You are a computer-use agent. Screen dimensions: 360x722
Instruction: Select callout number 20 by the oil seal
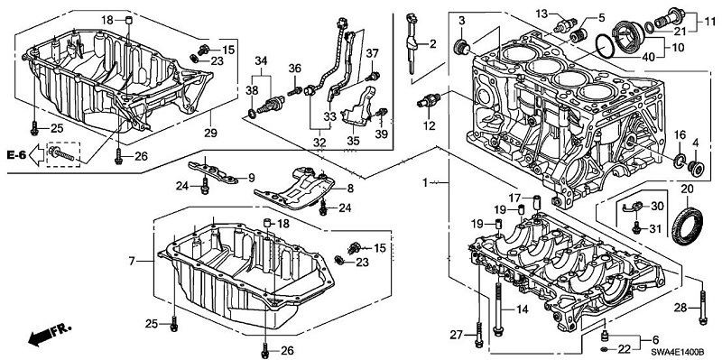[686, 189]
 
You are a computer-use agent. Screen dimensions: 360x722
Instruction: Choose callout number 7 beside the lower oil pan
[132, 261]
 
